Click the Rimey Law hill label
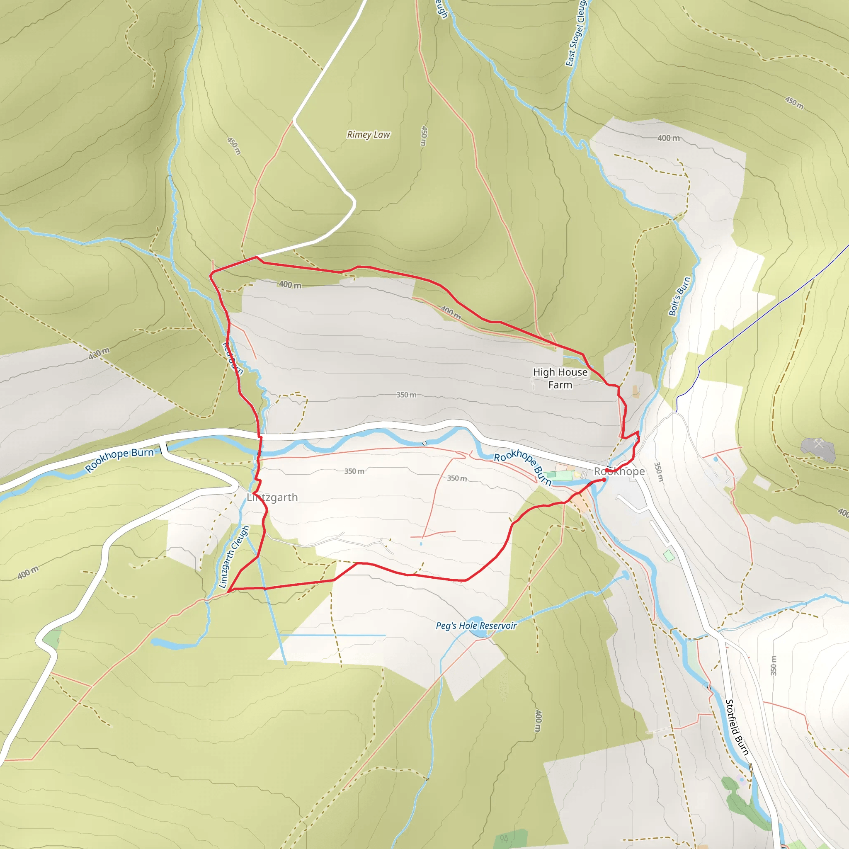click(x=368, y=135)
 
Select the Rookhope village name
click(x=619, y=471)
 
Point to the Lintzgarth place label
click(x=272, y=497)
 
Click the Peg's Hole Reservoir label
click(x=476, y=625)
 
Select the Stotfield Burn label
click(x=737, y=727)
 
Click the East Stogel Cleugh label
click(x=576, y=33)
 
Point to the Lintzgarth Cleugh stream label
click(x=234, y=557)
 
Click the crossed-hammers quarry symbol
click(x=818, y=444)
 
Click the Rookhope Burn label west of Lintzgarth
click(x=119, y=460)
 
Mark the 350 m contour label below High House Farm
click(x=406, y=395)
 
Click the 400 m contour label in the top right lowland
click(x=668, y=138)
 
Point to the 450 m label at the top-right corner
click(x=795, y=103)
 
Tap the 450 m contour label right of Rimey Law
click(x=424, y=136)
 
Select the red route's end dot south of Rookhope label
click(x=604, y=480)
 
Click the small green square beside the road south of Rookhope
click(x=668, y=555)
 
